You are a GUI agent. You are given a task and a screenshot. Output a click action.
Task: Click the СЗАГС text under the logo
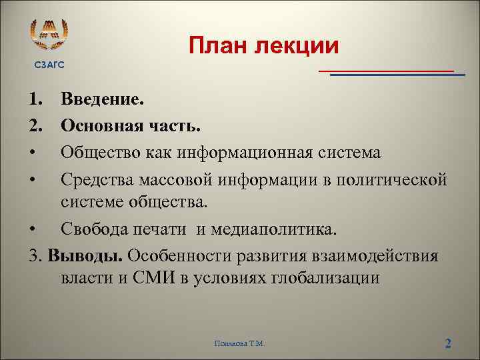[x=50, y=64]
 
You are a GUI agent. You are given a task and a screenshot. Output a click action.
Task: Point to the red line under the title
[x=385, y=70]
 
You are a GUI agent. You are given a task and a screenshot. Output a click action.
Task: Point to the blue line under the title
[x=397, y=75]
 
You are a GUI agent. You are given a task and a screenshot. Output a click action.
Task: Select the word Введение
[x=102, y=100]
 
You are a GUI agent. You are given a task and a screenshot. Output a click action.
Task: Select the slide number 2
[x=448, y=343]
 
